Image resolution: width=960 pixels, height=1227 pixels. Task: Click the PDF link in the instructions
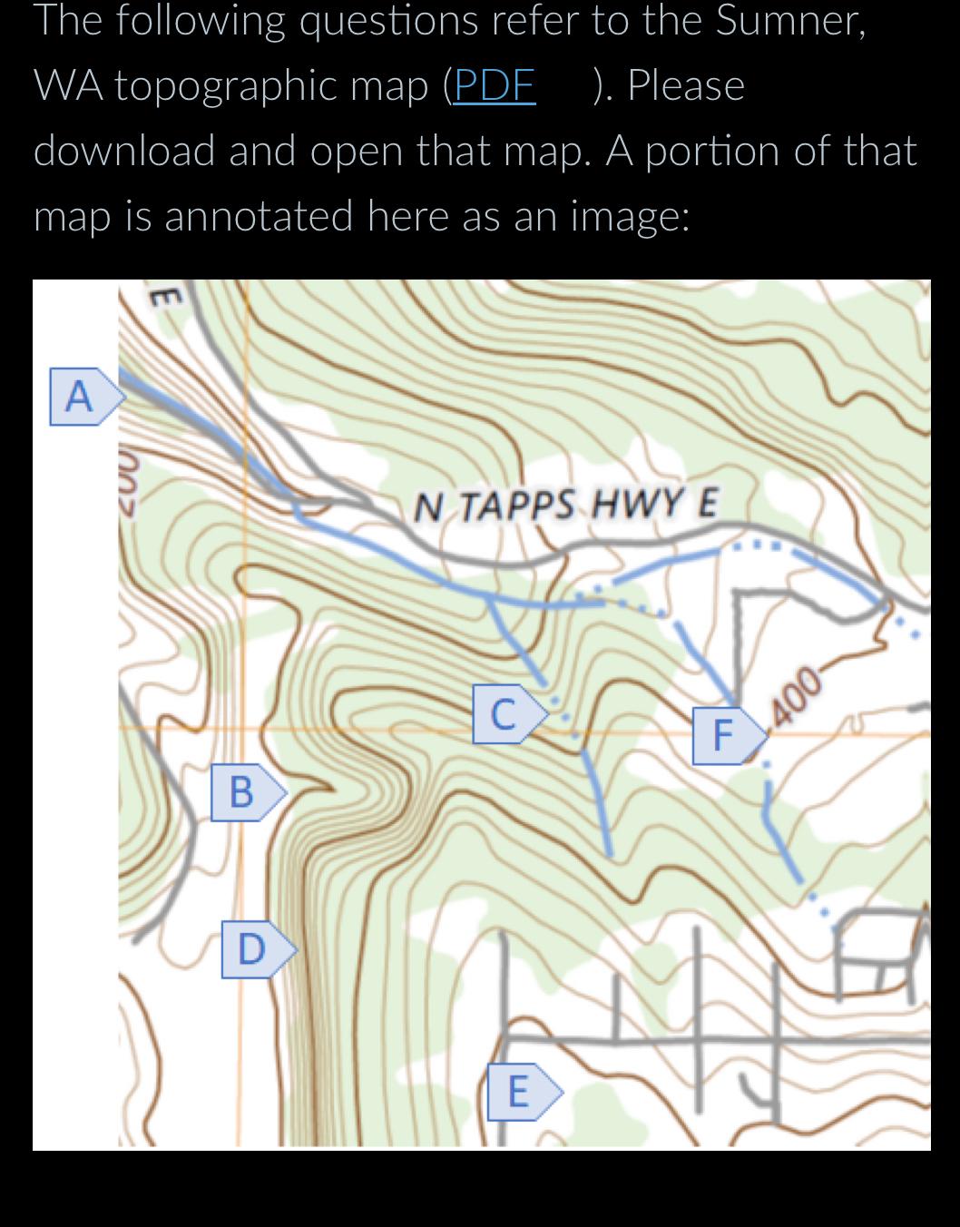(x=494, y=85)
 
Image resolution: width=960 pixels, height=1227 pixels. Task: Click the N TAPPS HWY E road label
(x=565, y=504)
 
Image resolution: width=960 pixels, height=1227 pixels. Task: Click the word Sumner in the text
(x=789, y=20)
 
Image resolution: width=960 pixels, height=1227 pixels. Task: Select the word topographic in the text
(x=271, y=85)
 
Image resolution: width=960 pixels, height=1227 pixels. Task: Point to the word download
(x=123, y=151)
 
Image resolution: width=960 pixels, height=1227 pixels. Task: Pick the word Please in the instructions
(x=685, y=85)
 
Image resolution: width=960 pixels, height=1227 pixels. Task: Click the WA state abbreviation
(x=66, y=85)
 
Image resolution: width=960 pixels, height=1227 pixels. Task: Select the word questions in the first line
(x=388, y=20)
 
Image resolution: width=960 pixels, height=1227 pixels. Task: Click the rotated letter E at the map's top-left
(x=163, y=296)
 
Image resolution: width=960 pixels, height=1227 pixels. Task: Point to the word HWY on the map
(x=635, y=503)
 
